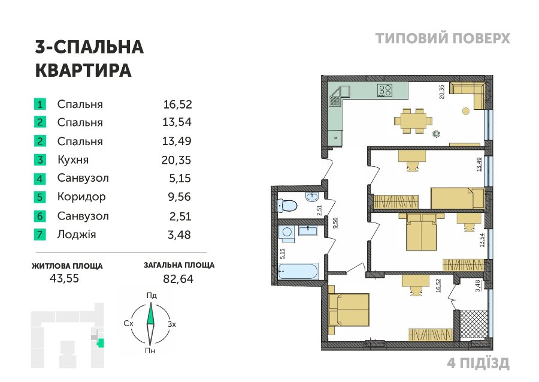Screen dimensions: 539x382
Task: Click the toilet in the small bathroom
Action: pos(287,206)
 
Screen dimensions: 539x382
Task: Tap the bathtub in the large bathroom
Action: pos(298,272)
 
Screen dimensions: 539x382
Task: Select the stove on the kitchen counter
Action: pos(384,91)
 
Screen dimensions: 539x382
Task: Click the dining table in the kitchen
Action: pos(413,121)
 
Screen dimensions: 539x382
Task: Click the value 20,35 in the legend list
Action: pos(176,160)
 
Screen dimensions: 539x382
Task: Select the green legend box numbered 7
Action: pos(40,234)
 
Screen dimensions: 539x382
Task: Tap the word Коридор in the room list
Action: pos(81,197)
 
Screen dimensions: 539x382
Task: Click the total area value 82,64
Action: pos(178,278)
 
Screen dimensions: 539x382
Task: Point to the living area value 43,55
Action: pos(64,278)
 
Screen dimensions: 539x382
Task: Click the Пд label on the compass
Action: pos(152,295)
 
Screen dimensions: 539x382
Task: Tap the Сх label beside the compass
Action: pos(128,323)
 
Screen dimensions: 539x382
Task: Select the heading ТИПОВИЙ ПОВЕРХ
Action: pos(443,38)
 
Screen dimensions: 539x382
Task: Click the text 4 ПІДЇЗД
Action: pos(478,363)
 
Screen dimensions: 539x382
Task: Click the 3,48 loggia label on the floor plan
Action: pos(477,286)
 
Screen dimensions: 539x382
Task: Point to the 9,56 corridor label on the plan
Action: pos(335,222)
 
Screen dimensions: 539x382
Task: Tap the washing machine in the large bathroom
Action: pos(286,231)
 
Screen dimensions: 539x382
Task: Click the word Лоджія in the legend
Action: pos(77,234)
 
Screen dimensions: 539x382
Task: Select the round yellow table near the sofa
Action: pos(466,111)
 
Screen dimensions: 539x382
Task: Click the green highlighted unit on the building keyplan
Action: pos(101,343)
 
